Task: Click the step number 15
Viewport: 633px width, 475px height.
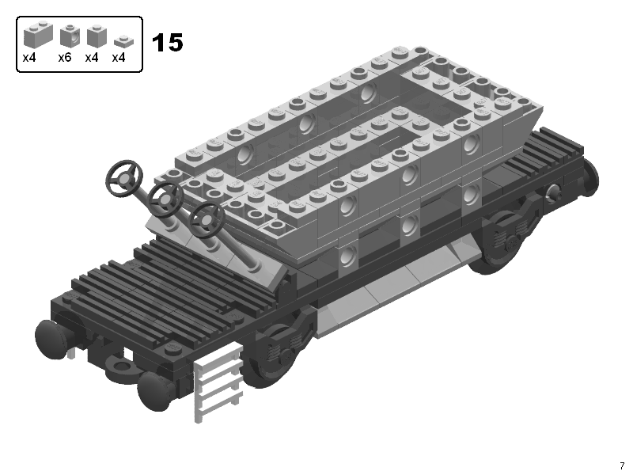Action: (167, 43)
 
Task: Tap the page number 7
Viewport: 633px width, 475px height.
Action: (622, 465)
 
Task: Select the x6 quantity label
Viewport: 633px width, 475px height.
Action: (65, 58)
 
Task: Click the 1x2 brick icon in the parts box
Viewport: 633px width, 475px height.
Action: (38, 34)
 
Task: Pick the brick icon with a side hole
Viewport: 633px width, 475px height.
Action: (70, 35)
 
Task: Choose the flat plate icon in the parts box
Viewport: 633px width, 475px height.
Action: (124, 42)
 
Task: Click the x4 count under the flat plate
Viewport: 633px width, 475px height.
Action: (118, 58)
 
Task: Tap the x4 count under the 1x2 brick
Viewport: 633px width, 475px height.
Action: (29, 58)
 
